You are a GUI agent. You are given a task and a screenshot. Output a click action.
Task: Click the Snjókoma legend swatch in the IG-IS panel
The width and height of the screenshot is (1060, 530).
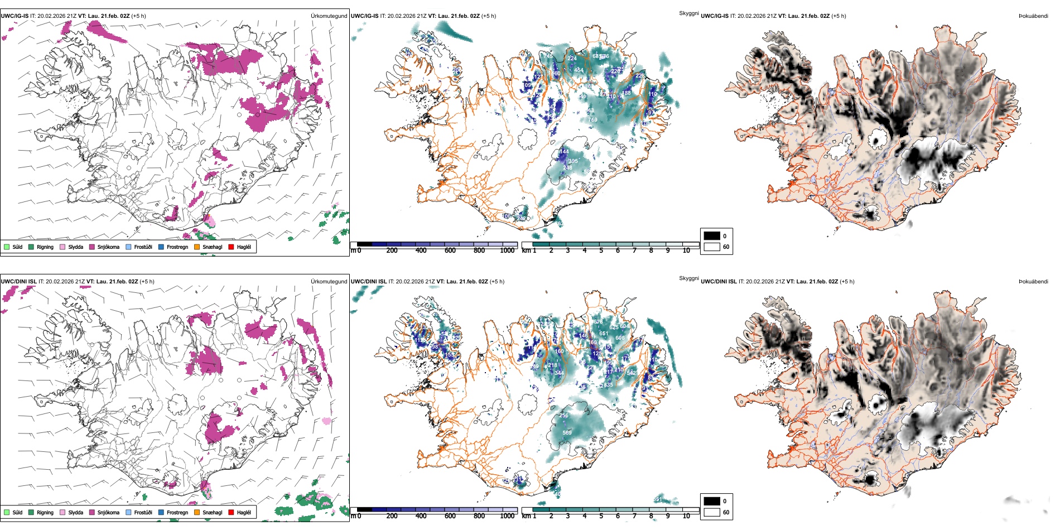point(92,247)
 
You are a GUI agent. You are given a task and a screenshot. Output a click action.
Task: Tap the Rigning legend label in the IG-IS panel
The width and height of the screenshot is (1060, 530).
point(45,247)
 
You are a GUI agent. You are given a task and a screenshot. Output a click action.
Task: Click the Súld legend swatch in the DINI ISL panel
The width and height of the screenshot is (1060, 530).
point(7,512)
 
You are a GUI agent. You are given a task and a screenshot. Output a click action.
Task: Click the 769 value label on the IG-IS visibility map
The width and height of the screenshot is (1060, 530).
point(592,119)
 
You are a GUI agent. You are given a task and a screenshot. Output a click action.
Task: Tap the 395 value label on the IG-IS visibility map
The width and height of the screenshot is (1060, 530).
point(573,161)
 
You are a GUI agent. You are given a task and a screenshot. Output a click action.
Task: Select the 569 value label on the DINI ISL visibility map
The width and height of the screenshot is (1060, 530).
point(567,433)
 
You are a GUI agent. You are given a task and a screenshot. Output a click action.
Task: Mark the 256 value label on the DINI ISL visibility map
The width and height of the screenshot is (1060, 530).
point(563,416)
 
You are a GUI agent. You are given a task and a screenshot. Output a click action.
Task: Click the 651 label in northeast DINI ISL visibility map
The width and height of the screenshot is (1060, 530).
point(604,334)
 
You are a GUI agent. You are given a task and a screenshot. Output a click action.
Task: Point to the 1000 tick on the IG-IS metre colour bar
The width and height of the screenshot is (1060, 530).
point(507,250)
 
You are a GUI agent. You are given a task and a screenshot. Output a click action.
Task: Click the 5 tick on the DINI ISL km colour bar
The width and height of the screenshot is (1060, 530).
point(601,516)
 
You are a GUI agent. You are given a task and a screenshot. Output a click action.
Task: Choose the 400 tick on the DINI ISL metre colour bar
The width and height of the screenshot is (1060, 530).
point(421,516)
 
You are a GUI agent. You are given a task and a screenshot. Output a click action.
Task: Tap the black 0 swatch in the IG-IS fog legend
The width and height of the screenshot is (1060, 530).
point(712,236)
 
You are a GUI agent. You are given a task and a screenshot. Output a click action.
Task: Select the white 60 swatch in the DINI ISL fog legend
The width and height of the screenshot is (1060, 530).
point(712,512)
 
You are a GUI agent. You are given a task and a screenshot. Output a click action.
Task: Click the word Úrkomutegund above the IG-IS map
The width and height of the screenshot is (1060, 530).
point(329,16)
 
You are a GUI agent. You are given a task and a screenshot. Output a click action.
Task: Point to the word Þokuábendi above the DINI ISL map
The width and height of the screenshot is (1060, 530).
point(1033,282)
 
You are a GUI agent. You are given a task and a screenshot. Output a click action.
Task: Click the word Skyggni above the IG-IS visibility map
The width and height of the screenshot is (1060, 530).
point(688,13)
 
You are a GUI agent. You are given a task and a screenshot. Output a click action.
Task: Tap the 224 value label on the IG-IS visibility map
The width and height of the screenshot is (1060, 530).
point(572,59)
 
